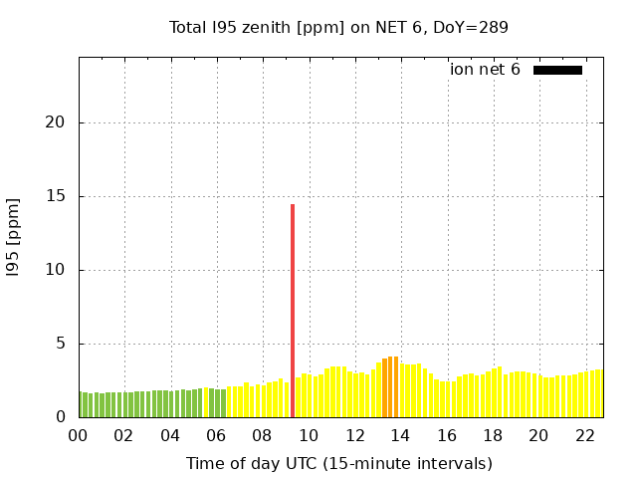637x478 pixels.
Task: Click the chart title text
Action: [x=338, y=27]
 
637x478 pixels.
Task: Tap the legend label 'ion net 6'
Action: [x=485, y=70]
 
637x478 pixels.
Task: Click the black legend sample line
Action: [x=557, y=70]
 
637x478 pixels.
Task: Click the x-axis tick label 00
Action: [x=78, y=435]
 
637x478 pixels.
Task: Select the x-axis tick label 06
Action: [x=216, y=435]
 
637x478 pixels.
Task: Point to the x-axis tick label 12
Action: [x=354, y=435]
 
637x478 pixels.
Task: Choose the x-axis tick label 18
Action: [x=493, y=435]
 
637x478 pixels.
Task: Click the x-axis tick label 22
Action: [x=585, y=435]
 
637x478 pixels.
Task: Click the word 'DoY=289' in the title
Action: [x=471, y=27]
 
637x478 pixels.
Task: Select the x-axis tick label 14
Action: [x=400, y=435]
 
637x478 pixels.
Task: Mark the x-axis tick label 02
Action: [x=123, y=435]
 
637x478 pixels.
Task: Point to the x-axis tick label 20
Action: [x=538, y=435]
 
